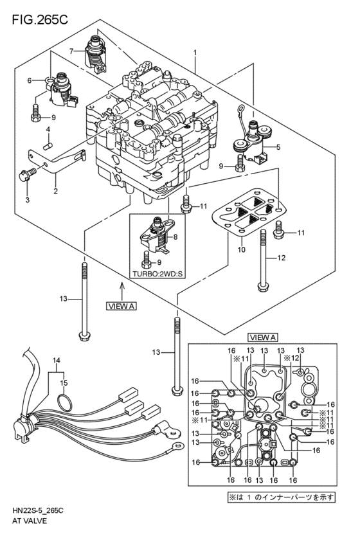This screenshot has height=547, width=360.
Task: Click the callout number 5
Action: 279,147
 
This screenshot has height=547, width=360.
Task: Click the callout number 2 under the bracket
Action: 56,190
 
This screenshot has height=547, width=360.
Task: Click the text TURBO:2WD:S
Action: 157,273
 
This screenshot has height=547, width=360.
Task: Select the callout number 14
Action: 56,361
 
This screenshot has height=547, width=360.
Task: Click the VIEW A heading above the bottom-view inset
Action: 262,337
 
